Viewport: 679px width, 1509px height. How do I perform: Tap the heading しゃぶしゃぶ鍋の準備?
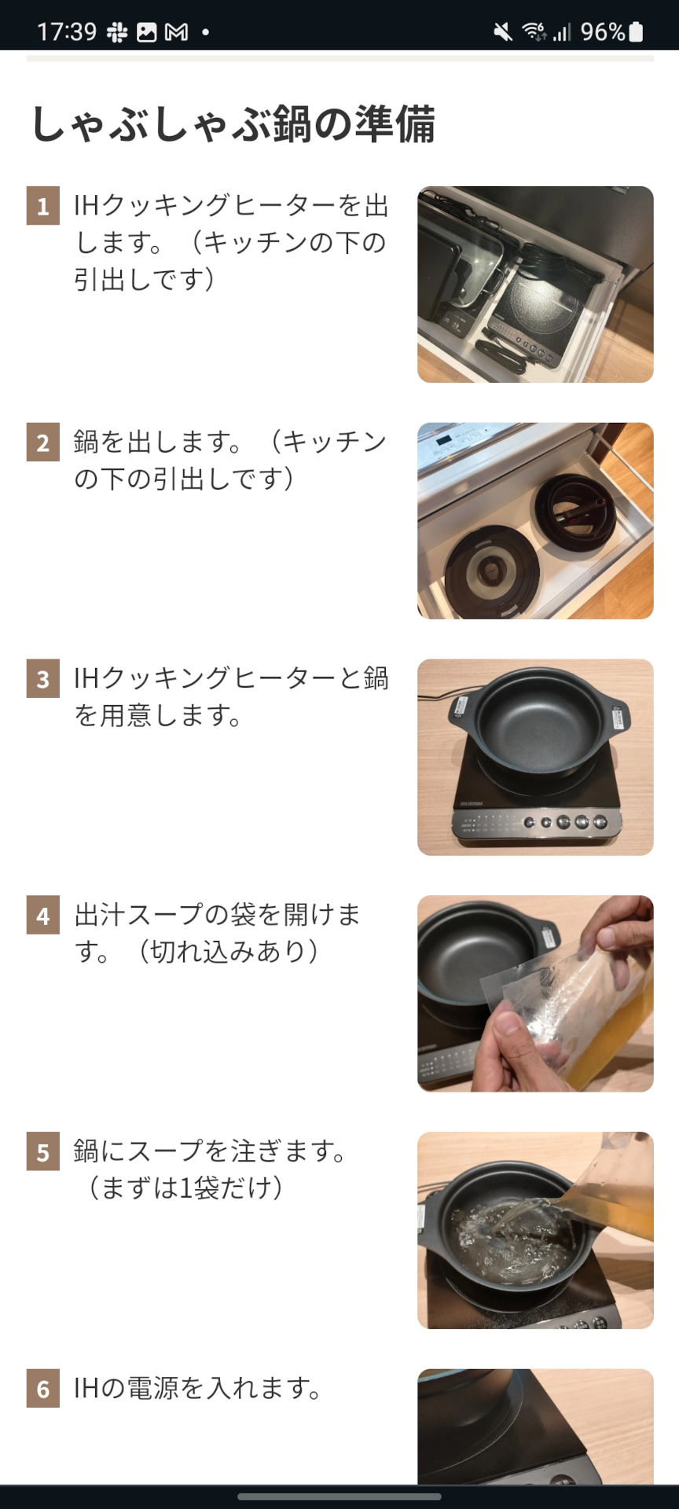[x=233, y=124]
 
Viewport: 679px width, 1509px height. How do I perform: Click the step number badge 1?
[x=43, y=206]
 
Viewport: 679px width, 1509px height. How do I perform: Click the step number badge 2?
[x=43, y=442]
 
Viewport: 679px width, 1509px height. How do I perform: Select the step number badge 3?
[x=43, y=679]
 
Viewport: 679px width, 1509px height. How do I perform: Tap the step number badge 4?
[x=43, y=916]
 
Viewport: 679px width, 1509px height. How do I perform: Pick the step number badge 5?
[x=43, y=1152]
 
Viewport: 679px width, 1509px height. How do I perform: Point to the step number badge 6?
[x=43, y=1389]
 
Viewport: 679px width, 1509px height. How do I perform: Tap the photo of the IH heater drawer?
[x=535, y=285]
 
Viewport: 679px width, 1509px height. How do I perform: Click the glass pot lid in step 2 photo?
[x=493, y=571]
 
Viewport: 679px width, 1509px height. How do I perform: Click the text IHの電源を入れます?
[x=198, y=1388]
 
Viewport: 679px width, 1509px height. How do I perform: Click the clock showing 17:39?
[x=67, y=31]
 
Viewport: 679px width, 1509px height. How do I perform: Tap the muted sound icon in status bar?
[x=502, y=31]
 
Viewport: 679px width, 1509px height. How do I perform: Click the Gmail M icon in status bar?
[x=177, y=32]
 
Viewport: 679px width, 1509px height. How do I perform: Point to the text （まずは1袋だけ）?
[x=185, y=1187]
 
